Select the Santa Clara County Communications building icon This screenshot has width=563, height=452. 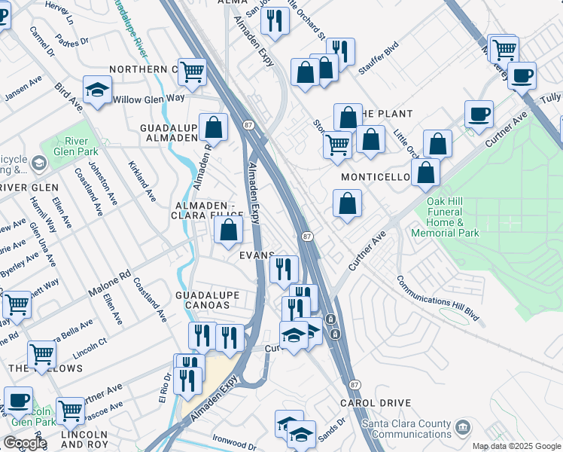tap(463, 428)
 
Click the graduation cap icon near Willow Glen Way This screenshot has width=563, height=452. tap(97, 91)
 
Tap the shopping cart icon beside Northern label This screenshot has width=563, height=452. tap(193, 72)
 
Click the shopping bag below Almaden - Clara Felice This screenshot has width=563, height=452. tap(228, 231)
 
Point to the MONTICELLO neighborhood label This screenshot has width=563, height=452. tap(375, 177)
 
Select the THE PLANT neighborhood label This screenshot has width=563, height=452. tap(387, 114)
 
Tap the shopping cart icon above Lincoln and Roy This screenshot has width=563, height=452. tap(70, 411)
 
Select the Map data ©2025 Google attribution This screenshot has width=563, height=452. tap(516, 446)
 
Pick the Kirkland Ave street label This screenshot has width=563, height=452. tap(141, 180)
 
